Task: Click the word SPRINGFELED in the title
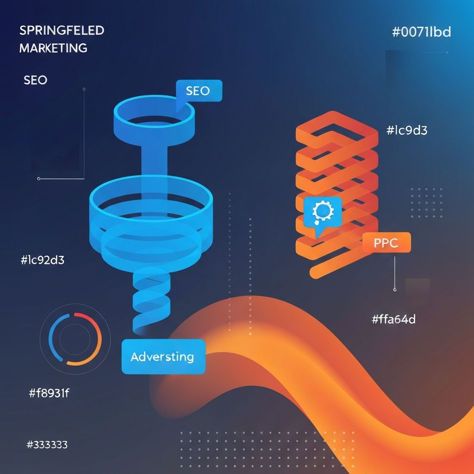click(62, 31)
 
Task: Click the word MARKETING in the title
click(53, 48)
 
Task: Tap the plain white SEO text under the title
click(35, 80)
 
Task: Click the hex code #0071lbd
click(421, 32)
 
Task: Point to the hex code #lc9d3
click(406, 131)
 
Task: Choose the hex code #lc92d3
click(43, 260)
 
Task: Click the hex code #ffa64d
click(393, 319)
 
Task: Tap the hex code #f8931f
click(49, 393)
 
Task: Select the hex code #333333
click(47, 445)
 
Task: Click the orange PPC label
click(387, 243)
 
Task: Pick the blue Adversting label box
click(163, 356)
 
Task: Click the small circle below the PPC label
click(394, 290)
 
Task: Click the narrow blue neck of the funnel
click(153, 160)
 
